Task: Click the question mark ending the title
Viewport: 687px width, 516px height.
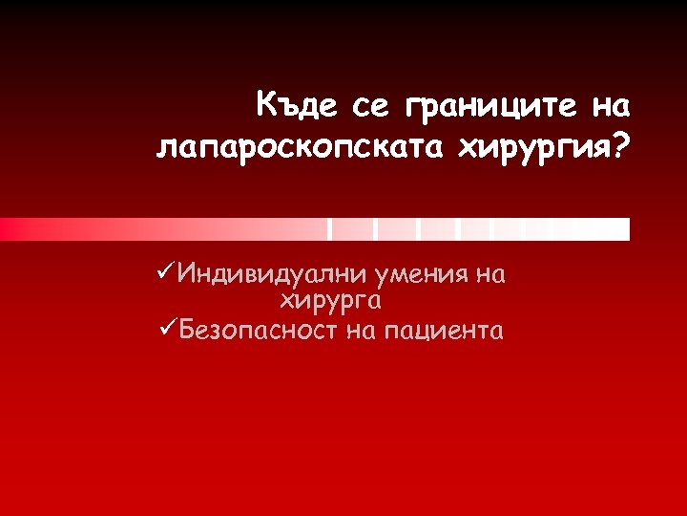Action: pyautogui.click(x=623, y=145)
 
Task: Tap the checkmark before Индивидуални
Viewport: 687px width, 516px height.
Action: pyautogui.click(x=164, y=274)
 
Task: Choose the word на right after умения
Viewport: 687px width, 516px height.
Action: pyautogui.click(x=489, y=276)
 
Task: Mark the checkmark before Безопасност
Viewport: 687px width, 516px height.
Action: pyautogui.click(x=164, y=330)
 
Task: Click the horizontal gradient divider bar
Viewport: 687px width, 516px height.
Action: pyautogui.click(x=315, y=229)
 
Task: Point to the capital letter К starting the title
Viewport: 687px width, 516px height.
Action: pyautogui.click(x=267, y=103)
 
